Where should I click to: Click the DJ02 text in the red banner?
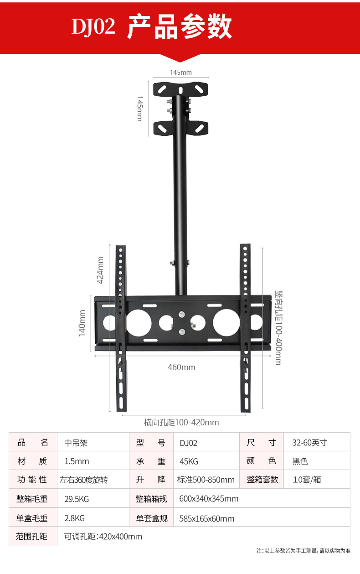pos(93,26)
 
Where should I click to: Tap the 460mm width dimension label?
pos(181,367)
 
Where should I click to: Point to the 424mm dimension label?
pos(100,270)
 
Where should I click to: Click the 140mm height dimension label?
pos(82,323)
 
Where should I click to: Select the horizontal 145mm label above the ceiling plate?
pos(181,72)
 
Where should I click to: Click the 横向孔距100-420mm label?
pos(181,423)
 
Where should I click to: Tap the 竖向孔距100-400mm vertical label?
pos(278,328)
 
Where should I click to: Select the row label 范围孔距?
pos(31,536)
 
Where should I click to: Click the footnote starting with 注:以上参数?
pos(303,551)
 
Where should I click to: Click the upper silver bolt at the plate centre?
pos(181,315)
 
